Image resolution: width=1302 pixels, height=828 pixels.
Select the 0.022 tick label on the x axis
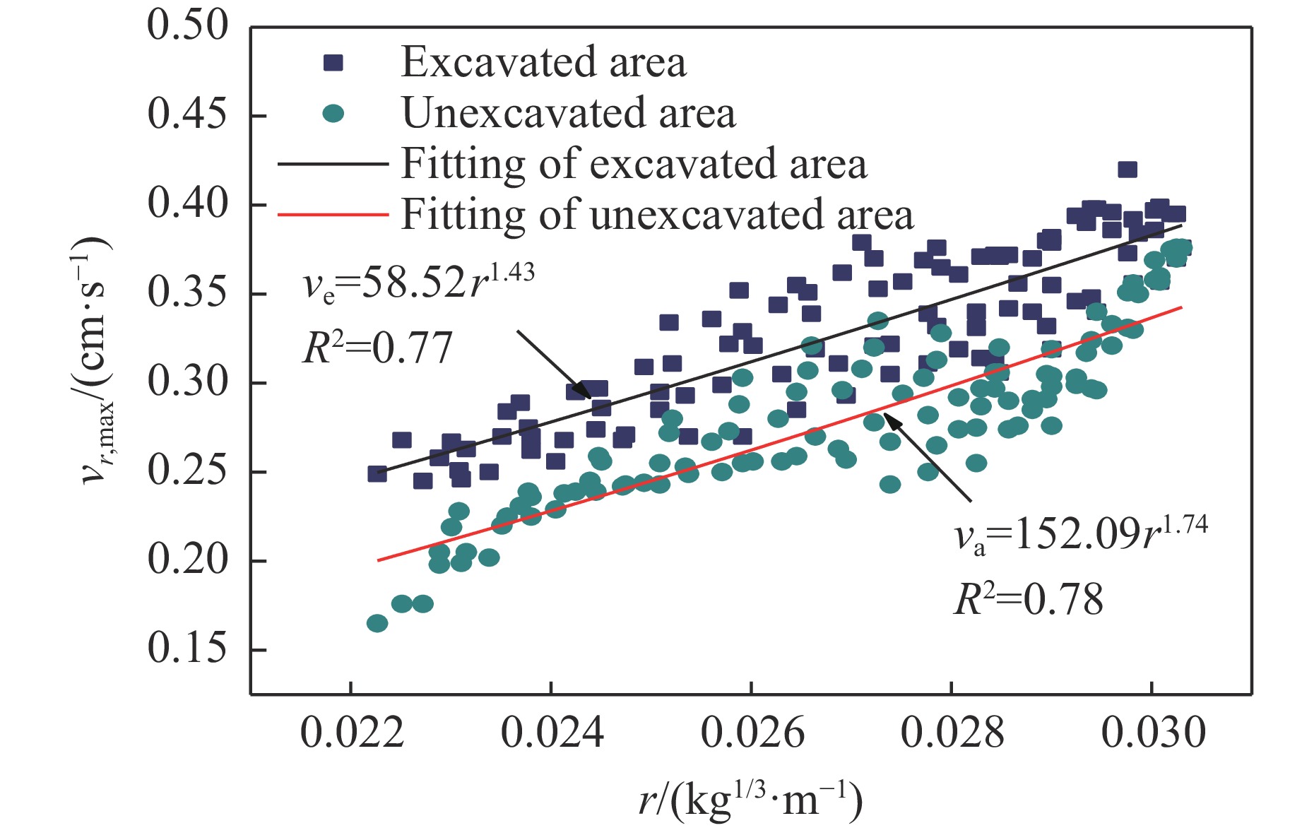[352, 733]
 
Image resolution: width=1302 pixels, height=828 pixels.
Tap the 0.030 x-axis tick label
[1153, 733]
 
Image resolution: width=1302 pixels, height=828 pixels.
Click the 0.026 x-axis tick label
[752, 733]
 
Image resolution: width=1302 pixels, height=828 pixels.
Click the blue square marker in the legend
[333, 63]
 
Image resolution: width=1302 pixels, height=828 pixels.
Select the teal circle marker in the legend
[333, 114]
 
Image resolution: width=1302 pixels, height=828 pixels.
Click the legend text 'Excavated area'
[543, 62]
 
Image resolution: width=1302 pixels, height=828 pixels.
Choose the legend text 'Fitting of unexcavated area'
[657, 215]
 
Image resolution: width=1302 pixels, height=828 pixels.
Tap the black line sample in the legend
[333, 164]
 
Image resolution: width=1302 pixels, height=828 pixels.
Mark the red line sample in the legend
[333, 214]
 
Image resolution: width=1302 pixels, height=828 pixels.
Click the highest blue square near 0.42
[1128, 170]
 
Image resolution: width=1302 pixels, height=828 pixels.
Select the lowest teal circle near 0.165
[377, 623]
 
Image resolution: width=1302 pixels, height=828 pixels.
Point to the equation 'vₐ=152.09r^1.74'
[1080, 535]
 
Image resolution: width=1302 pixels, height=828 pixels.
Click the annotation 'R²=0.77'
[377, 348]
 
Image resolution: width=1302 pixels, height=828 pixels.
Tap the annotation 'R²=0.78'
[1028, 600]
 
